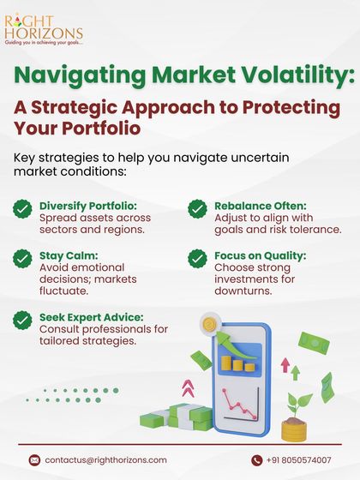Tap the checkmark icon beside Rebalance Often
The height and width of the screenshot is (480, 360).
pos(197,208)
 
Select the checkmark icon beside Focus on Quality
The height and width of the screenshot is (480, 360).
pos(197,258)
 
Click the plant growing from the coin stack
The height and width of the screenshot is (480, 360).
pos(298,404)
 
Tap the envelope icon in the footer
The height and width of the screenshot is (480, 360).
pos(34,460)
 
